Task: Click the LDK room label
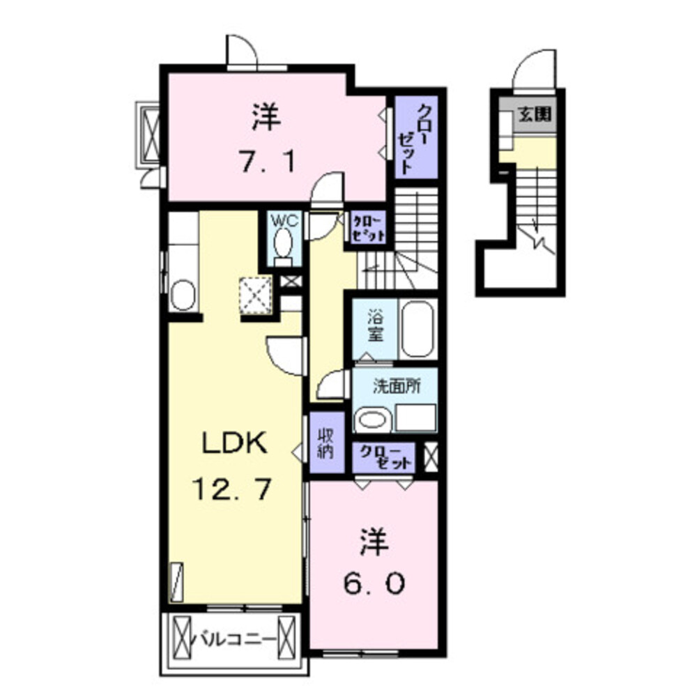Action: coord(233,444)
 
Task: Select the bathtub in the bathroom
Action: coord(418,329)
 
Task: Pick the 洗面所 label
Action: coord(395,386)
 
